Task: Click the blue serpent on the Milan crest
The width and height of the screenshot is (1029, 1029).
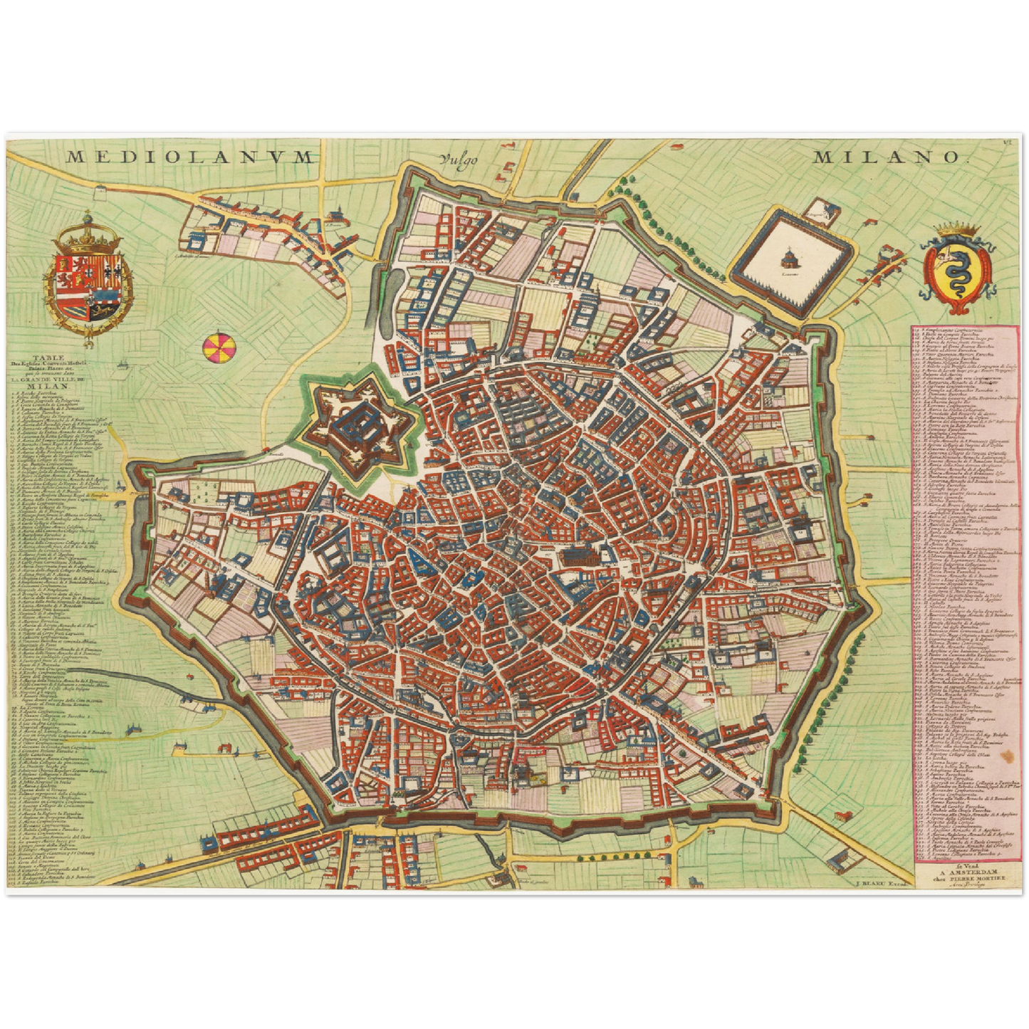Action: point(955,271)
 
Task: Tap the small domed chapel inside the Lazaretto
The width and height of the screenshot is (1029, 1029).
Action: point(789,256)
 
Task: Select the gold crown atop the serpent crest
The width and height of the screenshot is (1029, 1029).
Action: point(955,229)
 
